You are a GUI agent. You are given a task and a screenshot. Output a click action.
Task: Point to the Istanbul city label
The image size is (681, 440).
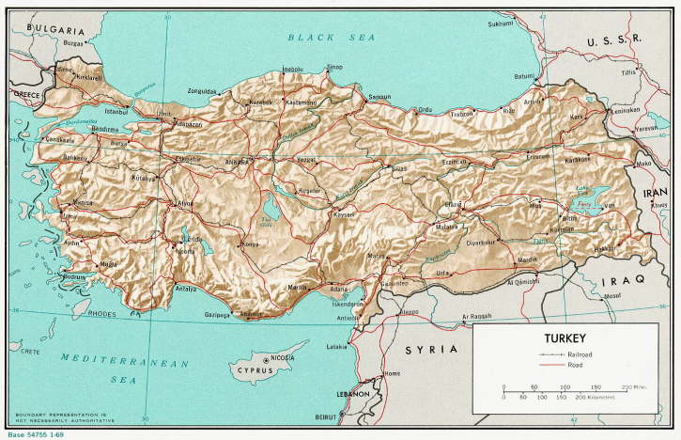click(x=117, y=112)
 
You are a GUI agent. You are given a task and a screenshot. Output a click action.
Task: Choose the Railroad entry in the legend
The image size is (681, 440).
click(x=580, y=353)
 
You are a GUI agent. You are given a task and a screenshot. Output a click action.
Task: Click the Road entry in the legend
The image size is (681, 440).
click(x=575, y=365)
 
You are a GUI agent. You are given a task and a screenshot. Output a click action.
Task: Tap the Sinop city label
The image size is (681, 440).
click(x=334, y=67)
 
